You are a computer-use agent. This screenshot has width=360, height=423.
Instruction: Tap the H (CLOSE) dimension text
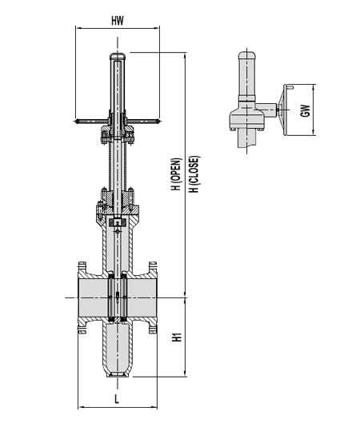click(x=193, y=175)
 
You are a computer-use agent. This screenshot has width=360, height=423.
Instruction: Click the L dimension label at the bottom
click(x=117, y=397)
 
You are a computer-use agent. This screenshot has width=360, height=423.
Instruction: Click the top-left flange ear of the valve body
click(x=81, y=265)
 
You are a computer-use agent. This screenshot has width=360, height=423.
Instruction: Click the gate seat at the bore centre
click(x=117, y=297)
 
